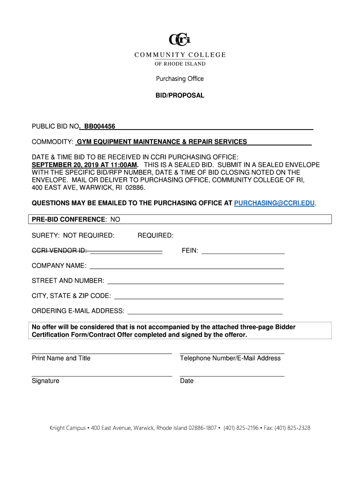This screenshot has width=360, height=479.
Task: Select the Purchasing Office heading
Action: coord(180,79)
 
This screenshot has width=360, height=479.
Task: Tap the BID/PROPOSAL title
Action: coord(180,95)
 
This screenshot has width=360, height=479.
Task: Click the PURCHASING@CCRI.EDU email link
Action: coord(274,203)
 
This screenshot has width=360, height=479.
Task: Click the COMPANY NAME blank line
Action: coord(187,268)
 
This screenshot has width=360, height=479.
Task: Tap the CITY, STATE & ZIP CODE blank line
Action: coord(199,298)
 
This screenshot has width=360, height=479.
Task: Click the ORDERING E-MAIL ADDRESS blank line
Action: coord(205,312)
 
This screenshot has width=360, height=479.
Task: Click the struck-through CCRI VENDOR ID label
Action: coord(59,251)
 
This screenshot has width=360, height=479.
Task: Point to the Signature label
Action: coord(45,381)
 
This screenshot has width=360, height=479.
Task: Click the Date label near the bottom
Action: coord(187,381)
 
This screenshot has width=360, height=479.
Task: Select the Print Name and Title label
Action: coord(61,358)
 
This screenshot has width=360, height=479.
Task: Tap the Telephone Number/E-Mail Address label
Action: coord(230,358)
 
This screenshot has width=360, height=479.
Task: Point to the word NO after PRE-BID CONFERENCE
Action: coord(115,219)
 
